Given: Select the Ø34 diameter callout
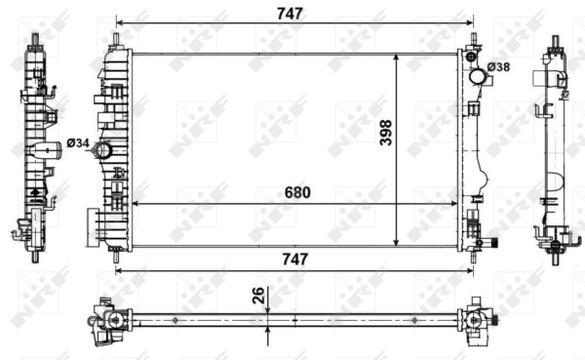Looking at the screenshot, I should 78,145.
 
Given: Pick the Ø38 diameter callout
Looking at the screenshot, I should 499,66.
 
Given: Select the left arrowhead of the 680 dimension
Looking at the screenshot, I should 136,203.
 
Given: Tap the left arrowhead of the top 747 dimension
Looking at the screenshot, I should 119,21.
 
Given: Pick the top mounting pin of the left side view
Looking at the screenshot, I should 36,40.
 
